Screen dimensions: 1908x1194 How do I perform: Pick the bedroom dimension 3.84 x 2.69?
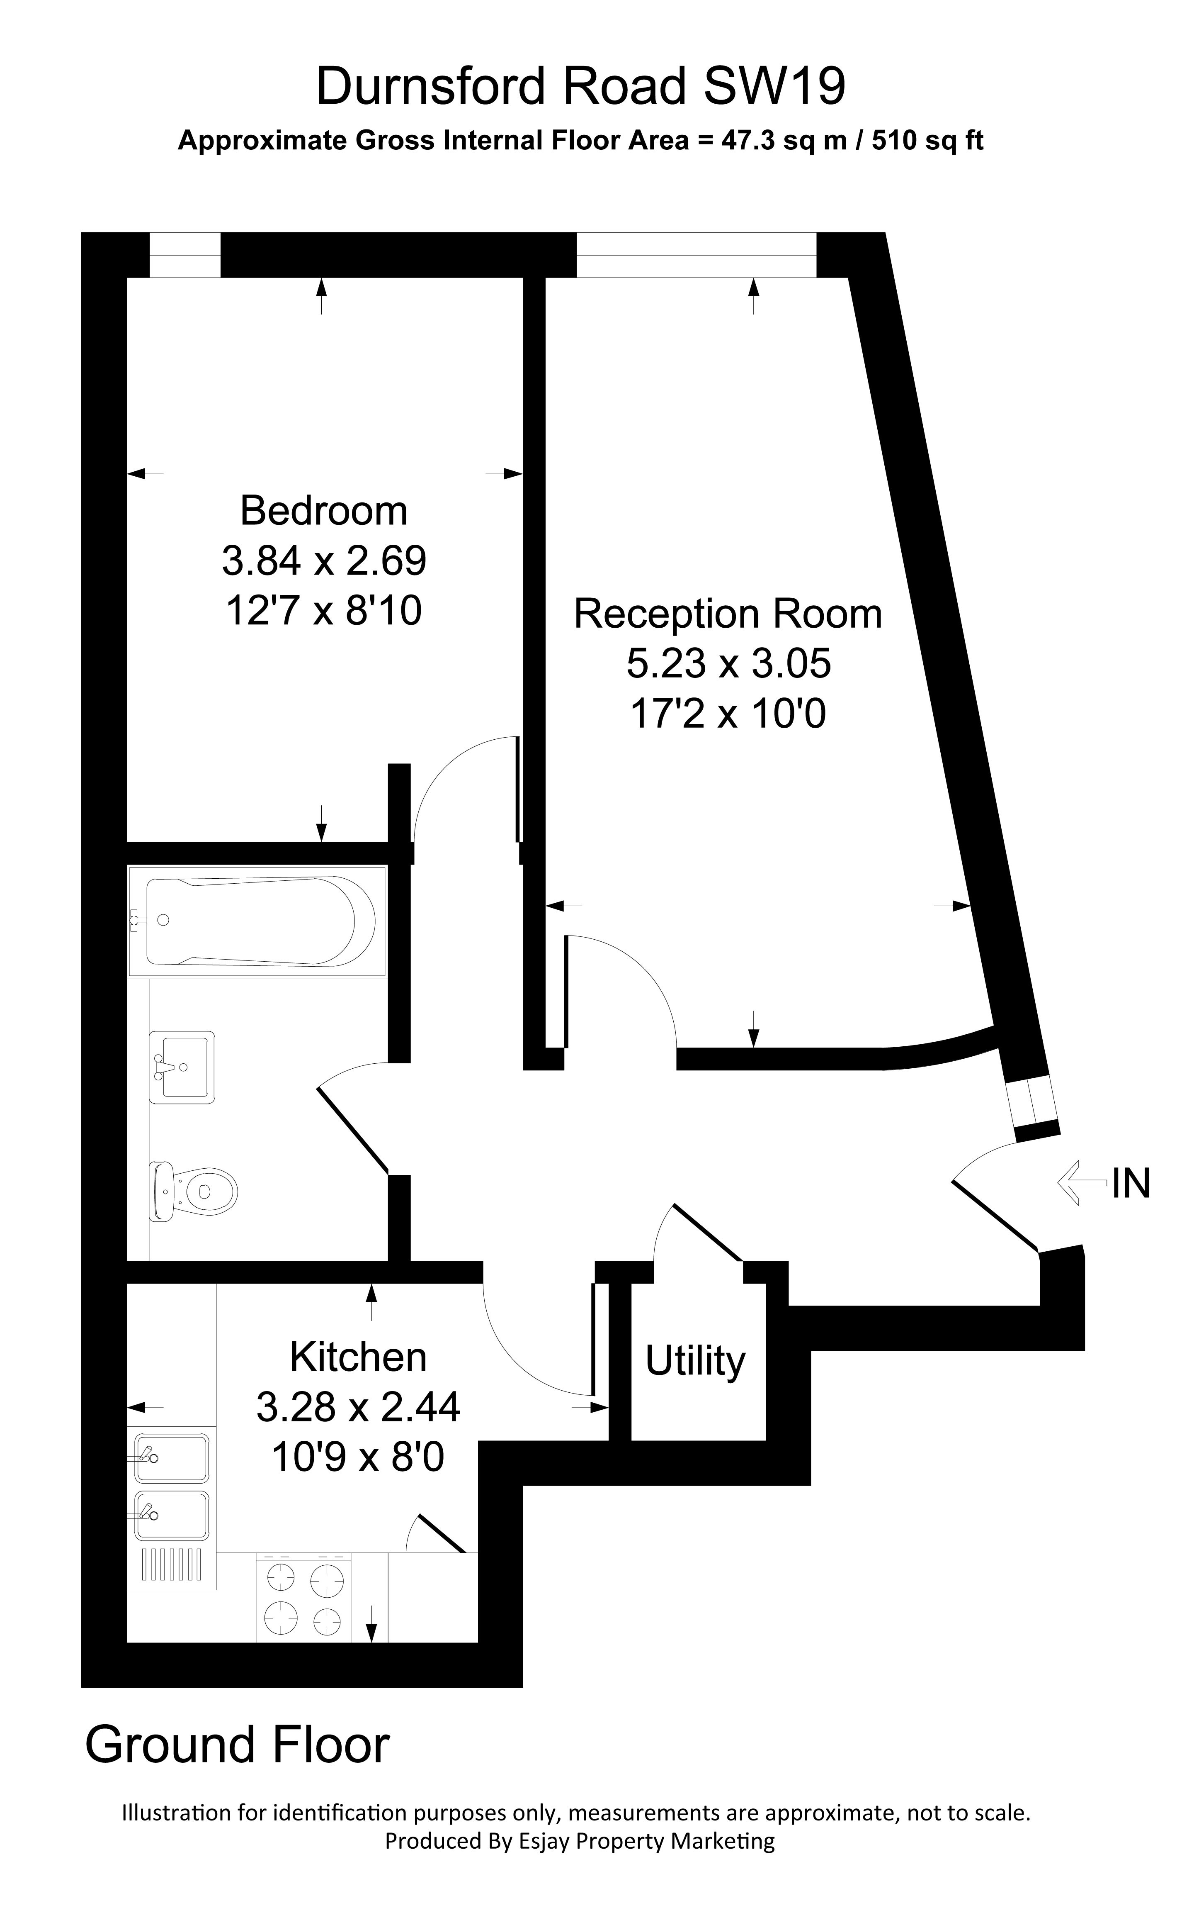(x=324, y=561)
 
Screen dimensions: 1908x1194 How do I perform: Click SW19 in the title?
(x=774, y=86)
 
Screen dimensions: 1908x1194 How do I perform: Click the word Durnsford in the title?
(x=430, y=86)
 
